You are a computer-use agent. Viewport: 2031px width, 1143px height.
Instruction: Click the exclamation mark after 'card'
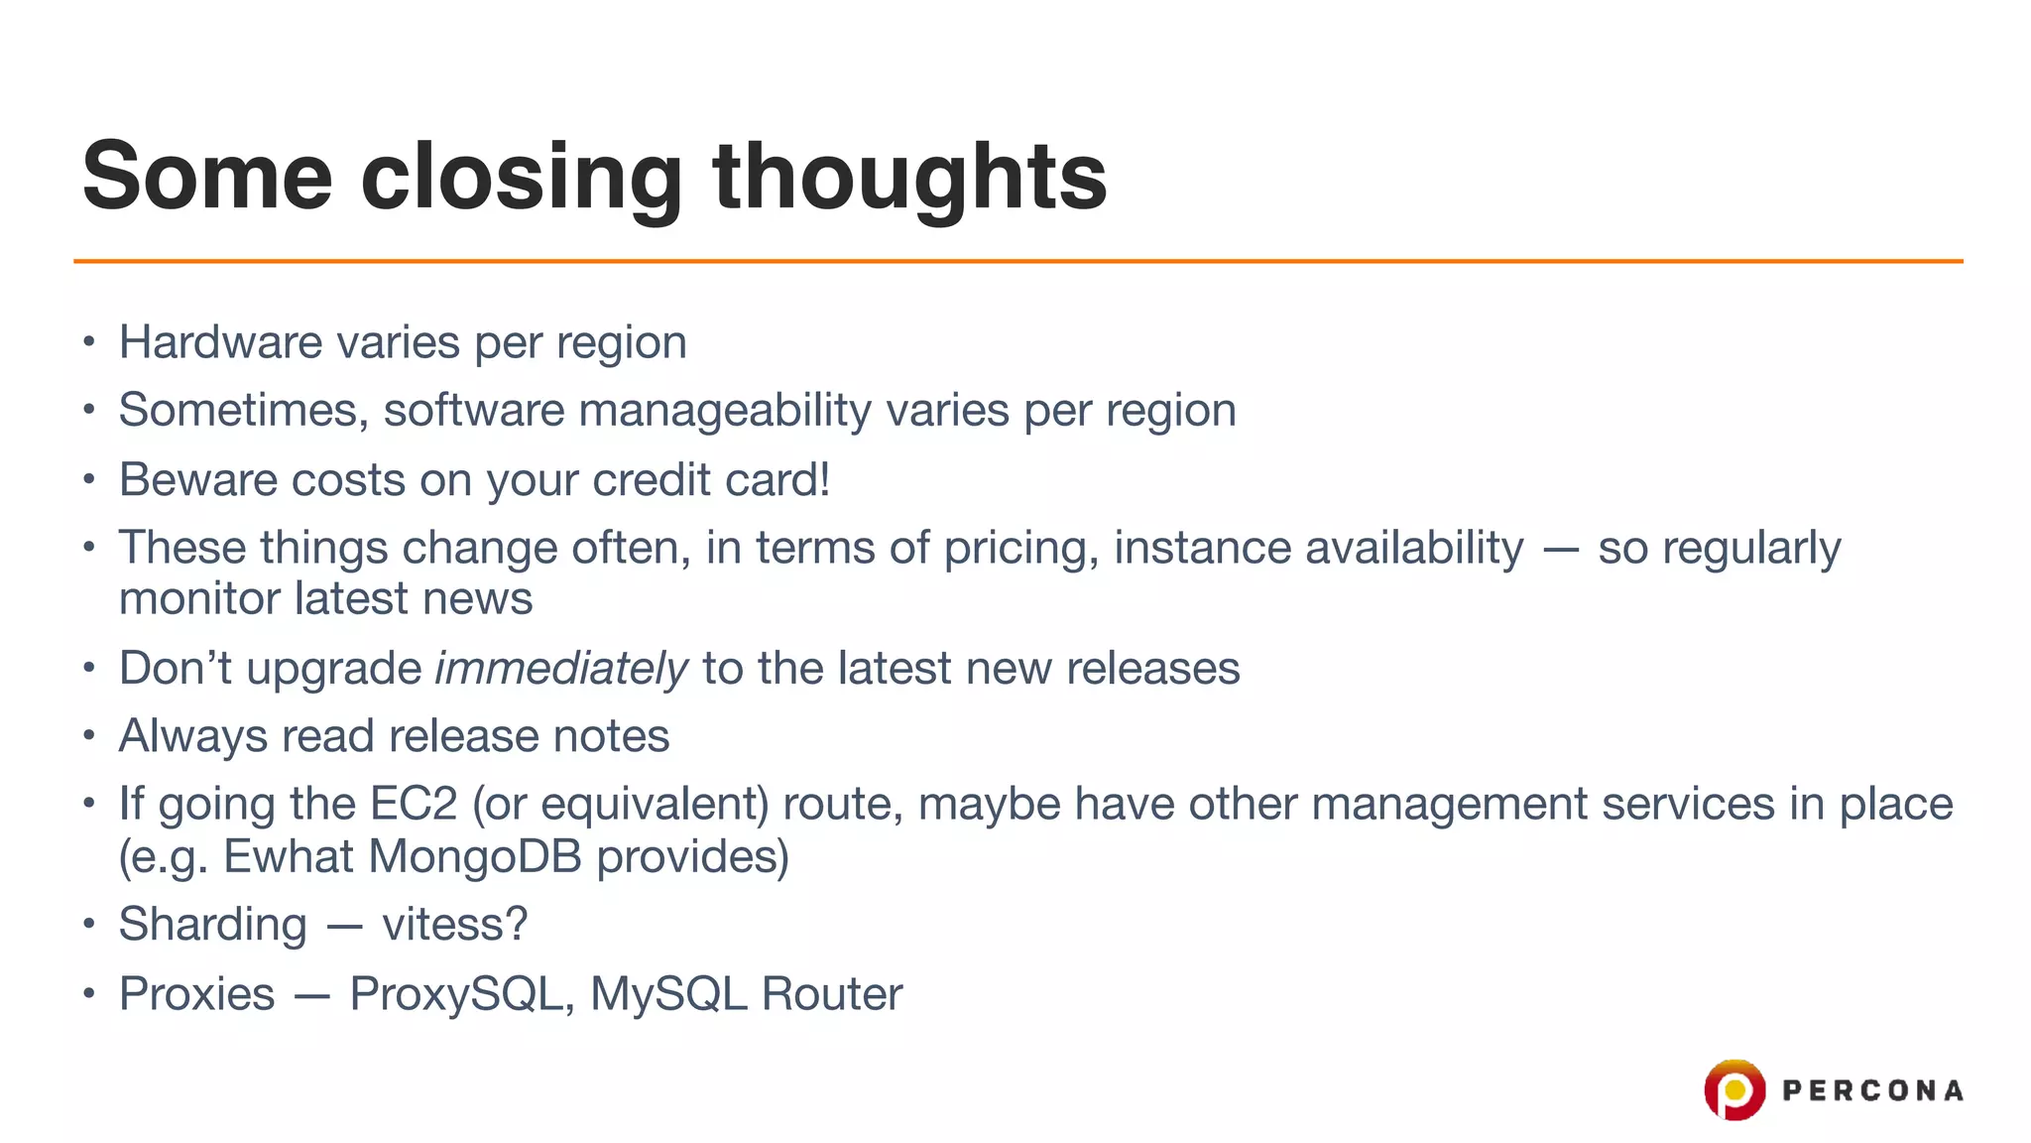[823, 480]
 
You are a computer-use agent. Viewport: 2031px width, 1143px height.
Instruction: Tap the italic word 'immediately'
[561, 668]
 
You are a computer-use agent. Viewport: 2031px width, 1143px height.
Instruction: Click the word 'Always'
[192, 736]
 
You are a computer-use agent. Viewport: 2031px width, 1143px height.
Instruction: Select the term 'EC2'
[414, 804]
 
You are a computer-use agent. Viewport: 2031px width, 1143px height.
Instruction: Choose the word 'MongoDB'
[475, 856]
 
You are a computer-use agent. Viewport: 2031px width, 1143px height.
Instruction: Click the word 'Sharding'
[212, 925]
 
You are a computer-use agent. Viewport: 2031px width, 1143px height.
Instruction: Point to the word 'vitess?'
[455, 925]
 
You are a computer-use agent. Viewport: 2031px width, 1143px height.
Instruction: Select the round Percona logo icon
[1734, 1090]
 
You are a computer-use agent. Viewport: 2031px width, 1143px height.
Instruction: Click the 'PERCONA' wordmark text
[1872, 1091]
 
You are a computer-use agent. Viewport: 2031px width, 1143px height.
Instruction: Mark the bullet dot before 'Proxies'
[89, 993]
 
